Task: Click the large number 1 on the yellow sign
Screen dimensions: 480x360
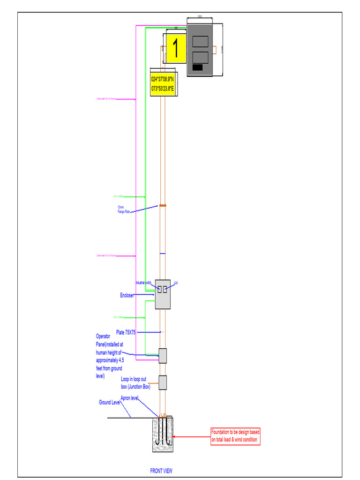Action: [x=176, y=49]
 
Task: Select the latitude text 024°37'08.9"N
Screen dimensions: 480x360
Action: [x=163, y=79]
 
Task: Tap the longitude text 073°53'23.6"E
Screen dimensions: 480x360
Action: [x=163, y=88]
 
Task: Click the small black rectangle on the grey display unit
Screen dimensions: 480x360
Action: [x=198, y=67]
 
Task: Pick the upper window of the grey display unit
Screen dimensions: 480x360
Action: [x=200, y=41]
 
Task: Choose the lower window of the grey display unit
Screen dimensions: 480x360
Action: [x=200, y=57]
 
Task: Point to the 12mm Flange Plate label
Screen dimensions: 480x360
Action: [x=124, y=210]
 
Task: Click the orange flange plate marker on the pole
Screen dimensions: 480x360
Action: [x=163, y=205]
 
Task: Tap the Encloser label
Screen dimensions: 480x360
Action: [x=127, y=295]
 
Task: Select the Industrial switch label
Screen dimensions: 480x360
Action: [x=143, y=283]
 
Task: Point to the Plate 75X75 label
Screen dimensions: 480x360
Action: [x=126, y=332]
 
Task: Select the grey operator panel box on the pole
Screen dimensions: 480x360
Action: [x=163, y=356]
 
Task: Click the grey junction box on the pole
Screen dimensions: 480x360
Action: [x=163, y=382]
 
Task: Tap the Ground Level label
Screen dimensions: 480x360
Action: [x=109, y=402]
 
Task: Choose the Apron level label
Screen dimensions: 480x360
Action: [x=130, y=398]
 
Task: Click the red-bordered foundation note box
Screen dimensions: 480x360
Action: [x=235, y=436]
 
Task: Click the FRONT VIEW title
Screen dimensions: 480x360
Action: [x=161, y=471]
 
